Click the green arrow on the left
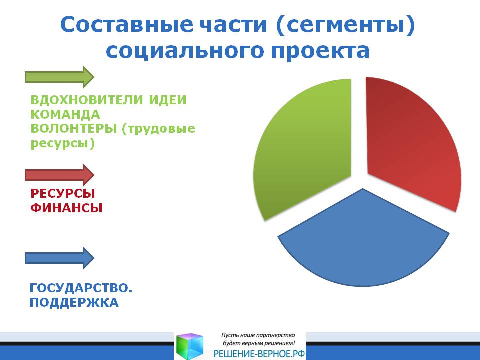(x=59, y=77)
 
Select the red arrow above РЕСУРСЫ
(x=59, y=175)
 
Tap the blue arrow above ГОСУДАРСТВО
(x=59, y=258)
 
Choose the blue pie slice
(x=363, y=242)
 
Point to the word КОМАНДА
(x=65, y=115)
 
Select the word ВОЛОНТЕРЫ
(x=74, y=129)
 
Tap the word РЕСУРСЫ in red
(x=63, y=193)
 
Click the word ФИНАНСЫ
(x=66, y=208)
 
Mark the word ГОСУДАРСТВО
(x=81, y=288)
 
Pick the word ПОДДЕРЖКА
(x=74, y=303)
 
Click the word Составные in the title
(x=126, y=24)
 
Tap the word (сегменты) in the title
(x=345, y=25)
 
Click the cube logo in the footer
(x=190, y=346)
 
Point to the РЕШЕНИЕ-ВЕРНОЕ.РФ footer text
(x=259, y=354)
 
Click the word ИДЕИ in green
(x=168, y=100)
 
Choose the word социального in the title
(x=184, y=51)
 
